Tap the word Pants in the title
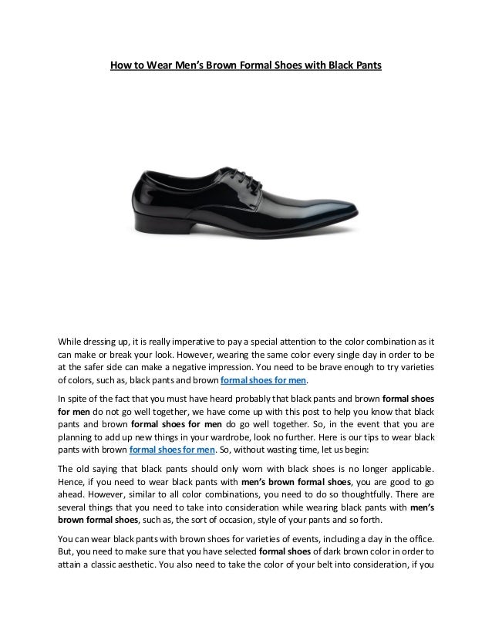click(x=366, y=66)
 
